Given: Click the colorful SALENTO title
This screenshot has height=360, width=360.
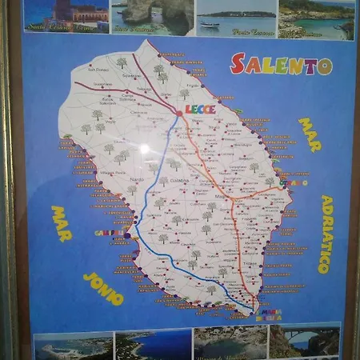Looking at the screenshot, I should (281, 64).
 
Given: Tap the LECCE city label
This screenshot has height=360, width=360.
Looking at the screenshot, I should (200, 108).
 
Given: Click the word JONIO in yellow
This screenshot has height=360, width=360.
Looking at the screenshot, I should (103, 288).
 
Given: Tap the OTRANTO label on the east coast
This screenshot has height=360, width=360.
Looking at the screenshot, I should (293, 183).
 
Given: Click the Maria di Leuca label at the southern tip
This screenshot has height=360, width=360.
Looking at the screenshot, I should (268, 314).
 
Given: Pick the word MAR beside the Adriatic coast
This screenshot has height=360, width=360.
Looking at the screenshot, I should (309, 134).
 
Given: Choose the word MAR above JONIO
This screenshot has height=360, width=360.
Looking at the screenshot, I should (62, 223).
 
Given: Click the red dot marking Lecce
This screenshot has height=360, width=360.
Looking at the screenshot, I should (179, 114).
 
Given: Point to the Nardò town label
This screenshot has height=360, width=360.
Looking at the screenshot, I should (137, 179).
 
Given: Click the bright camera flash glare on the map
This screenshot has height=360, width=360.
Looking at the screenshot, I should (144, 149).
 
